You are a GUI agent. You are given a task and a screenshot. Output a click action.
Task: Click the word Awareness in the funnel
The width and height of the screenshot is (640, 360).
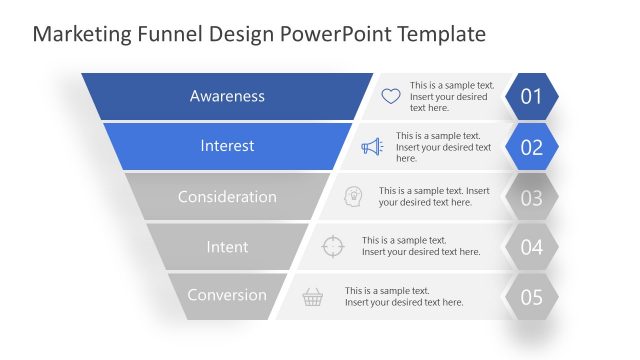[227, 96]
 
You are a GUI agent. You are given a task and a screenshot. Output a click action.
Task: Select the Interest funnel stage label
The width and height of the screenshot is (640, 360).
[227, 146]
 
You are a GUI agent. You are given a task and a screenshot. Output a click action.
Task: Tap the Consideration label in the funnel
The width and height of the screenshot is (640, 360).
[227, 197]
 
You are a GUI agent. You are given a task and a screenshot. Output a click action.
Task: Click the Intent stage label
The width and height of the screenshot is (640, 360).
[227, 246]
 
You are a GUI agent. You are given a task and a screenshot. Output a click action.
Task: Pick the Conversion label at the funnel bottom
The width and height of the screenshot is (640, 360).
[227, 295]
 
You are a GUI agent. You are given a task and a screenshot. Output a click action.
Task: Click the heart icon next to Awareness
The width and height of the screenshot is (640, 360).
[391, 97]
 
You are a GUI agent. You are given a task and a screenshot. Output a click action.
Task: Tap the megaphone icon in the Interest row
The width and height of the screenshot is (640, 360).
[372, 147]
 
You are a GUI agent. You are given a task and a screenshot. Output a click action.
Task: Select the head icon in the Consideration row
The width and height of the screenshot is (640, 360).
[353, 196]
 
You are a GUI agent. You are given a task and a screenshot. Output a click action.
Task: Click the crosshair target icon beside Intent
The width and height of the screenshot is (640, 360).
[333, 246]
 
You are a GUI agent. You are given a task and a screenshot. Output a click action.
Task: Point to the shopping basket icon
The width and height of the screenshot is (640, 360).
[313, 296]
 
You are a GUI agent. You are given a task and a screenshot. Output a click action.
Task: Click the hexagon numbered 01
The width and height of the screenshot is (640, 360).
[531, 97]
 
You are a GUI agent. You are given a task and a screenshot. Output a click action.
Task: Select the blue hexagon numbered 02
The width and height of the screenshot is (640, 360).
[531, 147]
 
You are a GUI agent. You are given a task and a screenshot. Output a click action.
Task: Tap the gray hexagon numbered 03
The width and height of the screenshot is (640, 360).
[531, 197]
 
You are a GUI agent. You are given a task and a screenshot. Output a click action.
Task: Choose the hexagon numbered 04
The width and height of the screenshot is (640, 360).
[531, 247]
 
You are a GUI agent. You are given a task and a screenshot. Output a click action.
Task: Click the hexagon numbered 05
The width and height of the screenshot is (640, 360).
[531, 297]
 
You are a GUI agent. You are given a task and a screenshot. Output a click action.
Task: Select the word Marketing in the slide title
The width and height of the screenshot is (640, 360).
[76, 34]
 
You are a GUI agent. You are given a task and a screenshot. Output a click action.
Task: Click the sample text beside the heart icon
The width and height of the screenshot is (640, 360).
[452, 96]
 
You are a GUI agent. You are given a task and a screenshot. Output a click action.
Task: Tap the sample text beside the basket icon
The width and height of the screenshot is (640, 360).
[404, 296]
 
